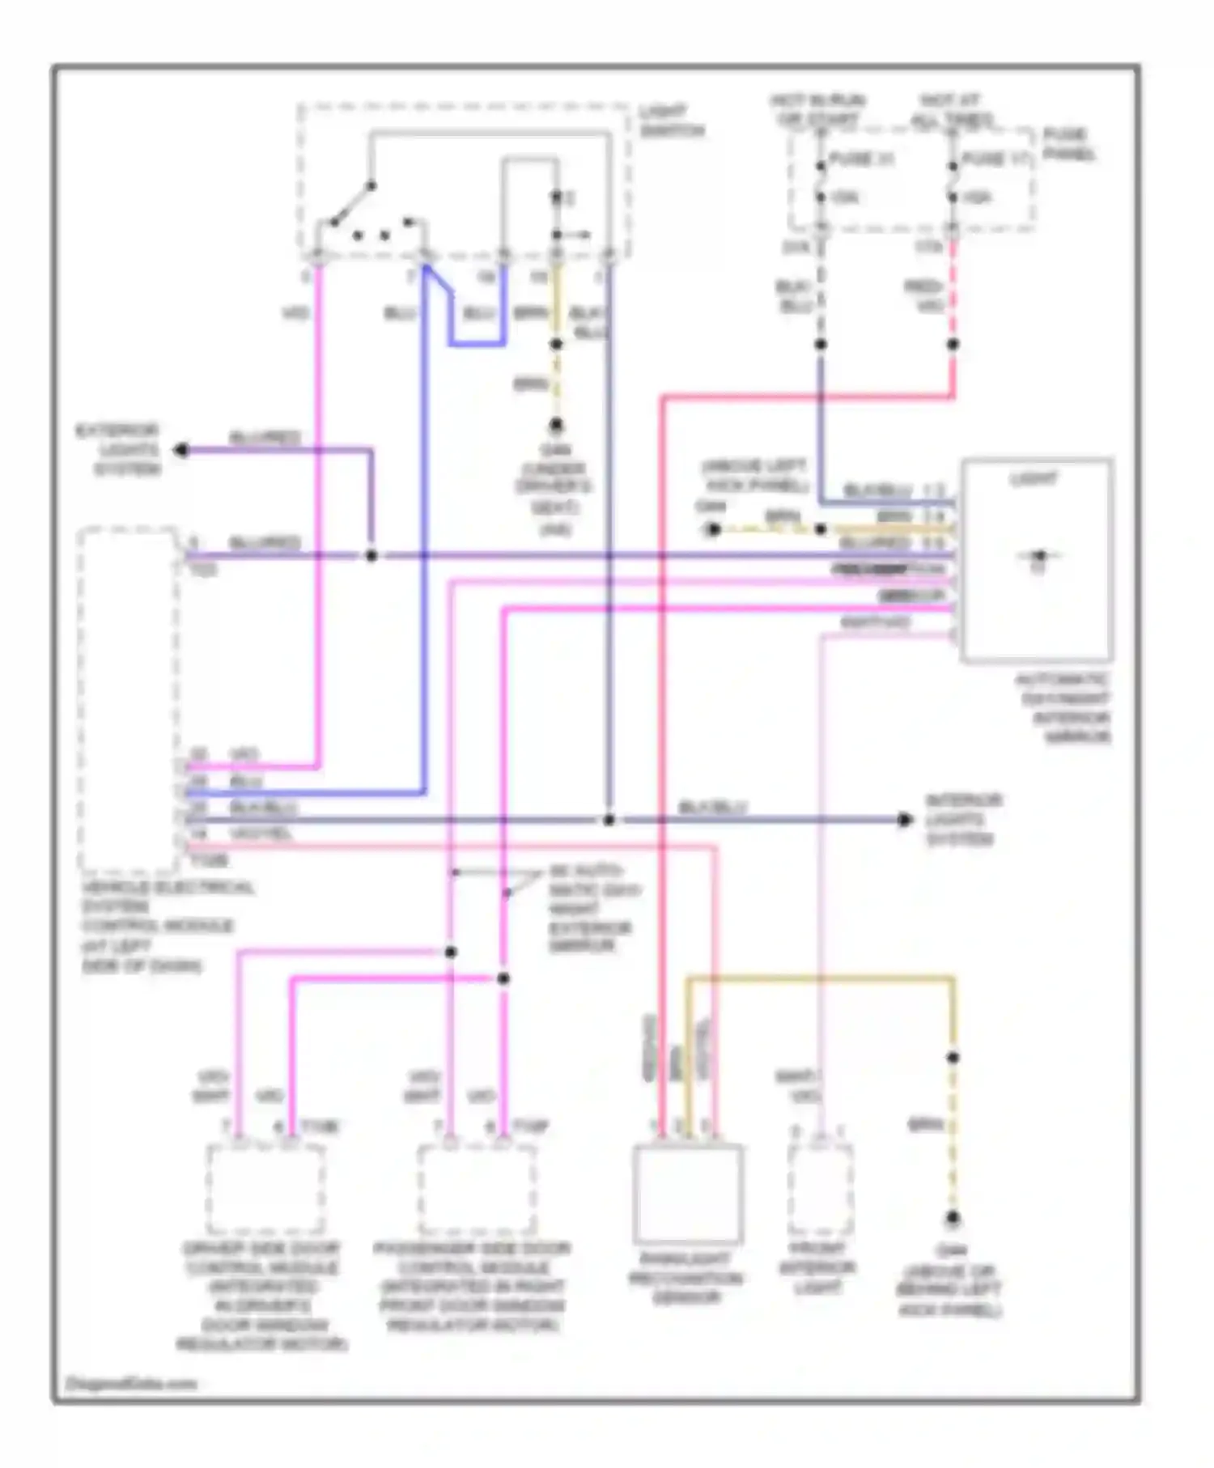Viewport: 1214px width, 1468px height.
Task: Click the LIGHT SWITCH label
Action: pyautogui.click(x=671, y=121)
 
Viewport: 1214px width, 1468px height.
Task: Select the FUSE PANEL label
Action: pyautogui.click(x=1068, y=144)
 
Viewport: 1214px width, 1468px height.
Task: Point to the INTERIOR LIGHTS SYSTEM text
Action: pyautogui.click(x=963, y=819)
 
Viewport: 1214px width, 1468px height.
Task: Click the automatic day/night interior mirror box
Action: pyautogui.click(x=1037, y=560)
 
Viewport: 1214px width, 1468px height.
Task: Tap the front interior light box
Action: pyautogui.click(x=820, y=1190)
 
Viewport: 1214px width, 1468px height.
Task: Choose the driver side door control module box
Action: pyautogui.click(x=265, y=1189)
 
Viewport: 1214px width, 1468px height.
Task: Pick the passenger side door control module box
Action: pyautogui.click(x=477, y=1189)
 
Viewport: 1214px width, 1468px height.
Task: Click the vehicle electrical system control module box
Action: pyautogui.click(x=129, y=700)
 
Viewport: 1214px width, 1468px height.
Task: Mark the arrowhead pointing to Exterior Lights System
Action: pyautogui.click(x=181, y=450)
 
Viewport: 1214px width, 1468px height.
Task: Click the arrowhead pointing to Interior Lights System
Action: pyautogui.click(x=905, y=820)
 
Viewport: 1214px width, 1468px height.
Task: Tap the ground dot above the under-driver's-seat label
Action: pyautogui.click(x=556, y=425)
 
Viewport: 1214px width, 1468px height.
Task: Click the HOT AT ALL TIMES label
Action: pyautogui.click(x=953, y=110)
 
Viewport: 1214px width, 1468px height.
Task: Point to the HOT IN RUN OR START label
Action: pyautogui.click(x=817, y=110)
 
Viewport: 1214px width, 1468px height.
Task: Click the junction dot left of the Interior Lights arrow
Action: pyautogui.click(x=609, y=820)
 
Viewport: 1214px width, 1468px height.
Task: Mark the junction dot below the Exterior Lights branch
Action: pyautogui.click(x=371, y=556)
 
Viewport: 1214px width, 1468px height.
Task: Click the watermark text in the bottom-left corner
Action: pyautogui.click(x=131, y=1383)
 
